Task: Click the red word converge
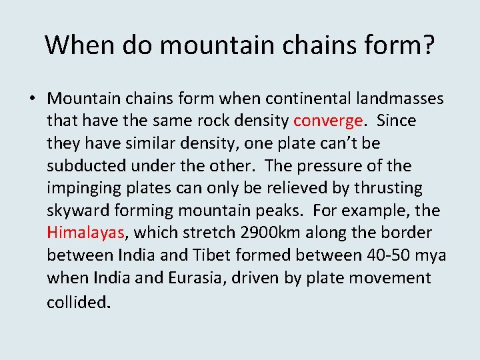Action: click(328, 121)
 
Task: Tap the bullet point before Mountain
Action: click(32, 99)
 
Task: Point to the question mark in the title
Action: click(427, 45)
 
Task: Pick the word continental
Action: click(309, 99)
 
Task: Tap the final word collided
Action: click(78, 301)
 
